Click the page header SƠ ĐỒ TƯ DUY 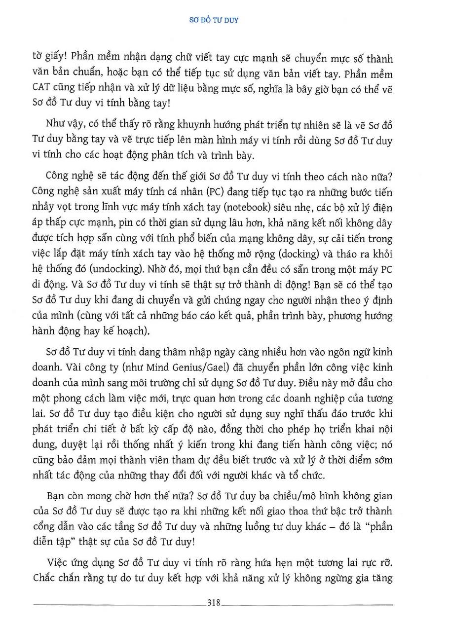pos(224,21)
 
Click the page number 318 pos(214,602)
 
